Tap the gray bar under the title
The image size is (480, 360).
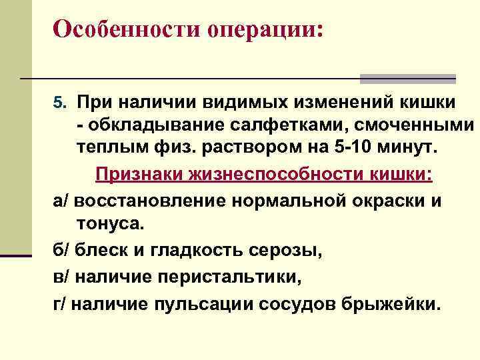(x=407, y=79)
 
